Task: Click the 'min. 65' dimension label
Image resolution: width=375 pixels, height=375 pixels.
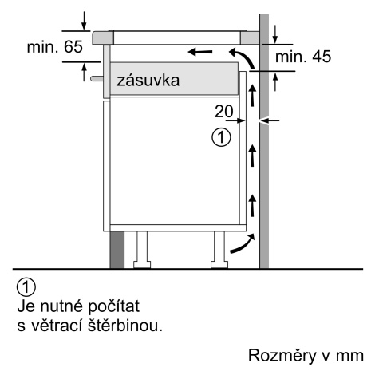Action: [x=55, y=47]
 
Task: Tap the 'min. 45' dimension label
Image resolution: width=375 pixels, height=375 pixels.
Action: [x=303, y=57]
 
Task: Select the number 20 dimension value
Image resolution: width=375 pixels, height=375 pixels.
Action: [x=224, y=111]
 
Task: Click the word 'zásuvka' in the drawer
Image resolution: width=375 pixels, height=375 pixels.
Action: [x=148, y=81]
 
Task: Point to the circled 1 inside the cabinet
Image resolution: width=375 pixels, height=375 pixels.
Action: [x=221, y=137]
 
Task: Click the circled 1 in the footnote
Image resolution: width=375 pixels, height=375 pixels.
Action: [x=26, y=287]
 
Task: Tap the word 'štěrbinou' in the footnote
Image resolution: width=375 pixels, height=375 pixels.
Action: [x=125, y=325]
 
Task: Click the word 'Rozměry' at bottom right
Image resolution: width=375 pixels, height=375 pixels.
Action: [x=282, y=355]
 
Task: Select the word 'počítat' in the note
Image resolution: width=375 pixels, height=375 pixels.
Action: [x=113, y=306]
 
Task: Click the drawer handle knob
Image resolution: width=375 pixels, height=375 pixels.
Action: [x=97, y=78]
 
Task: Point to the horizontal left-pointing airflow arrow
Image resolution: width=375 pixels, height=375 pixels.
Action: [x=200, y=52]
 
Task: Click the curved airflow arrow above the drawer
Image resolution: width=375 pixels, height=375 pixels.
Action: [x=243, y=57]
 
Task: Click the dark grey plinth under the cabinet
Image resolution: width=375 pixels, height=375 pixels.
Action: [x=116, y=250]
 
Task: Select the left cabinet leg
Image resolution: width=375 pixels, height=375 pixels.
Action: [x=142, y=250]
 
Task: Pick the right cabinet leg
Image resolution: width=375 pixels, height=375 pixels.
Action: [x=219, y=250]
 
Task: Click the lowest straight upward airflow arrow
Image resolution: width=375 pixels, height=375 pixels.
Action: [x=252, y=205]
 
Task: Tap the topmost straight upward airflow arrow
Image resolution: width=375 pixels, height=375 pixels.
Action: [x=252, y=95]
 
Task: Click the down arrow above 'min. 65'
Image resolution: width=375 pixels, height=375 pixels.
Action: [x=84, y=21]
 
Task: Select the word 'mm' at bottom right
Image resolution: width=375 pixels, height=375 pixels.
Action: [x=349, y=356]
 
